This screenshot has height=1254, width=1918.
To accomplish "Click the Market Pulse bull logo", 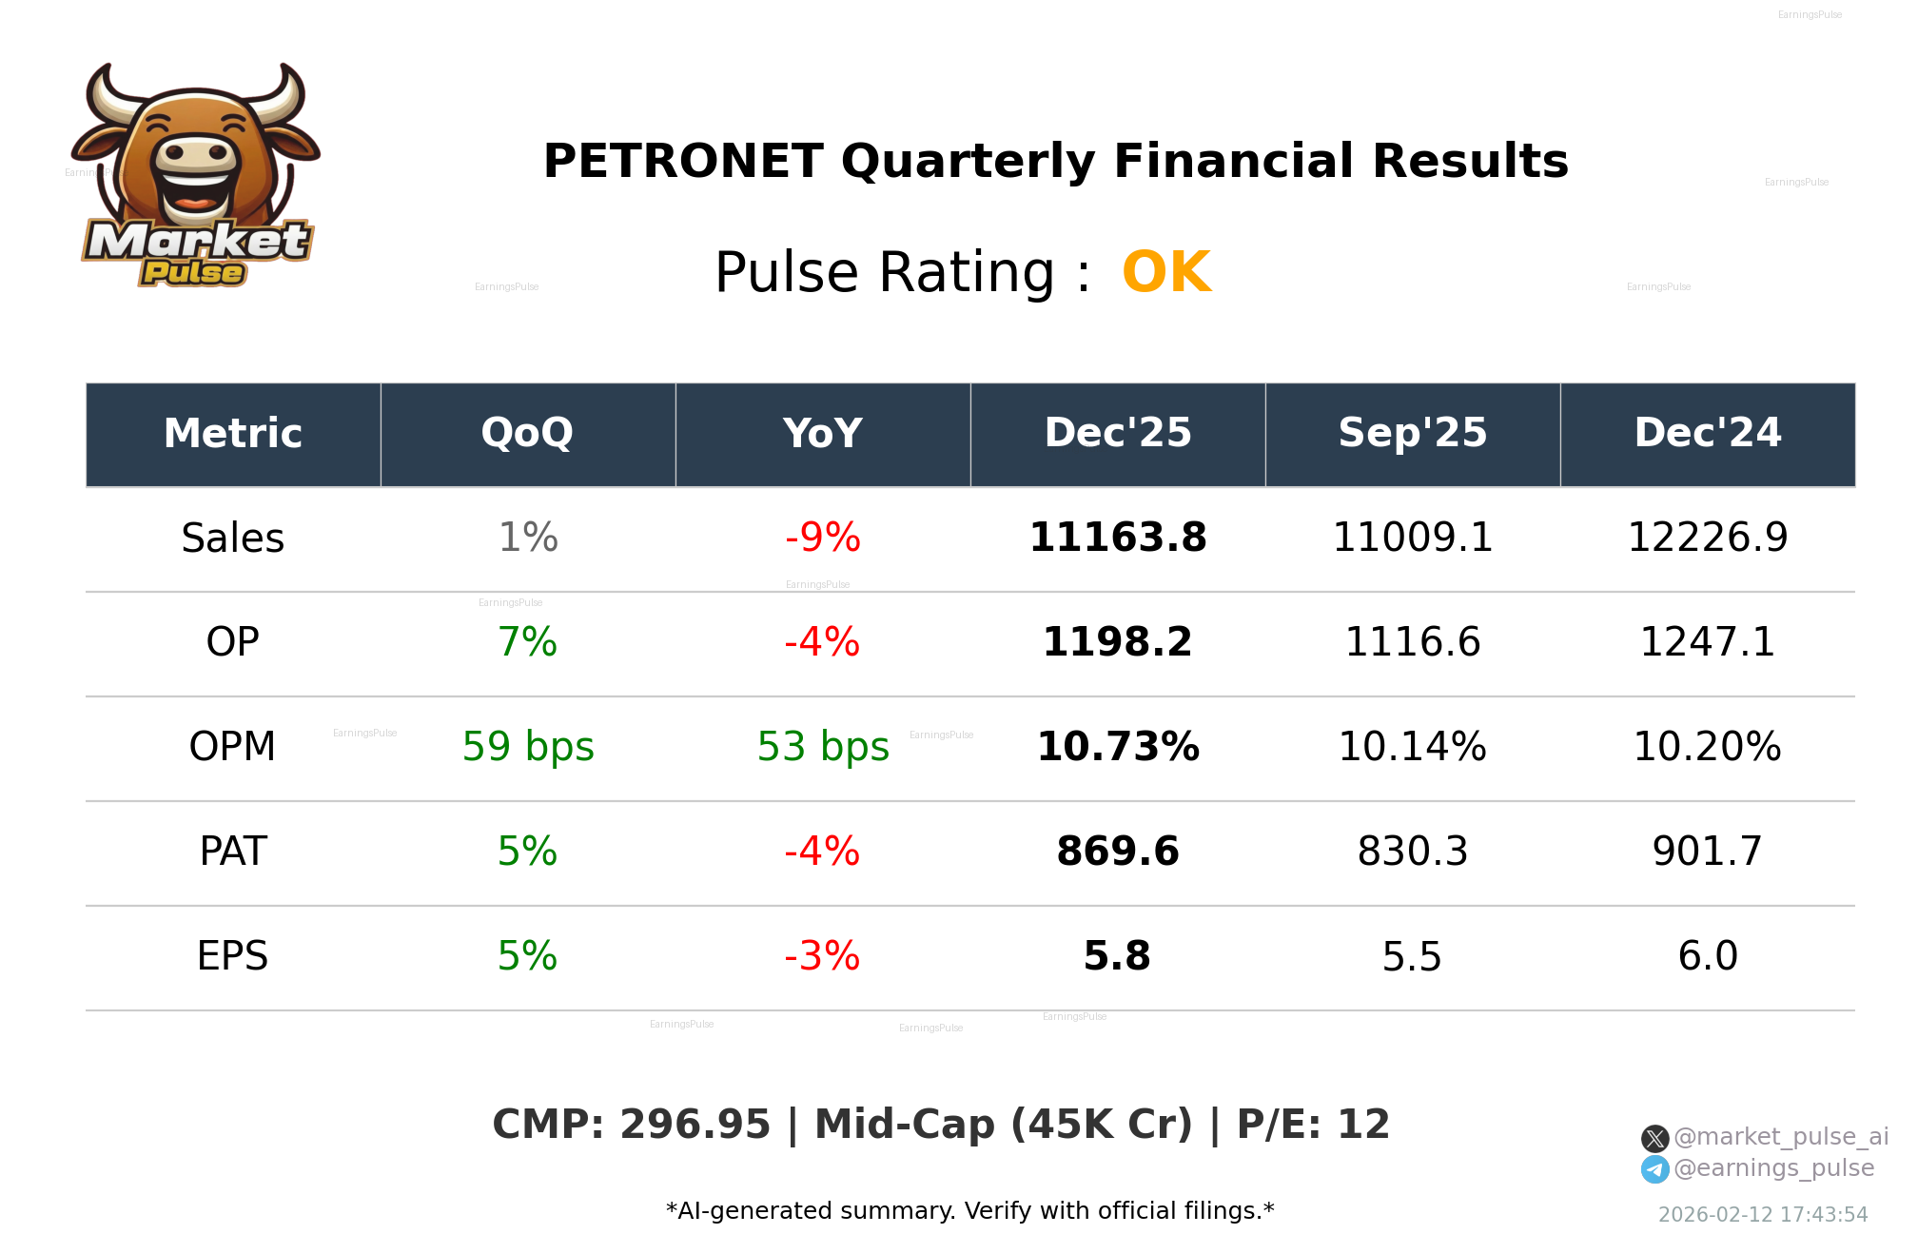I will point(196,176).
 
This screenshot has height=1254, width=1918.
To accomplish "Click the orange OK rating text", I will point(1166,273).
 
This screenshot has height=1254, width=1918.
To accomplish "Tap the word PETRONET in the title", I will point(682,161).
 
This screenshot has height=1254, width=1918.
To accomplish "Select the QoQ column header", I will point(527,434).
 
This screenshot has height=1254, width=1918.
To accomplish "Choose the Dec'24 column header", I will point(1707,434).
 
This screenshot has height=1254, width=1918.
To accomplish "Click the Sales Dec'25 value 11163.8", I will point(1117,539).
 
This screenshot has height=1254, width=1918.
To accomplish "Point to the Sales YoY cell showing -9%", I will point(822,539).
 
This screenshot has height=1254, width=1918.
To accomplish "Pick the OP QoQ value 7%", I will point(527,643).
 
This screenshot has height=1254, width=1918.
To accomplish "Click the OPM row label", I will point(232,748).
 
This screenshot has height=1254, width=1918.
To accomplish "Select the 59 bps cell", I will point(527,748).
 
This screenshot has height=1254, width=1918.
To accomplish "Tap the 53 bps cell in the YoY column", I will point(822,748).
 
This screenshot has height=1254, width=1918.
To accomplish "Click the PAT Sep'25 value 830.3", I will point(1412,852).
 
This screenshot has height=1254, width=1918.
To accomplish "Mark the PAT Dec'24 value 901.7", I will point(1707,852).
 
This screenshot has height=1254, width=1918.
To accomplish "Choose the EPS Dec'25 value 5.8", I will point(1117,957).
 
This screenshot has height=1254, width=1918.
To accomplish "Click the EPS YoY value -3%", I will point(822,957).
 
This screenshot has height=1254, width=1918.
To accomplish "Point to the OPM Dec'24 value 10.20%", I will point(1707,748).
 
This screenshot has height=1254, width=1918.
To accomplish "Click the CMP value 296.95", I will point(695,1126).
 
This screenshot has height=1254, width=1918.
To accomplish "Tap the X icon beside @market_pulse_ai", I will point(1654,1139).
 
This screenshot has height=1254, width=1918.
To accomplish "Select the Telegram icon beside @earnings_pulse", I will point(1654,1169).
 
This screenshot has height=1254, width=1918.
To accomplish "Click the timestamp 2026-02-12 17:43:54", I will point(1762,1215).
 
